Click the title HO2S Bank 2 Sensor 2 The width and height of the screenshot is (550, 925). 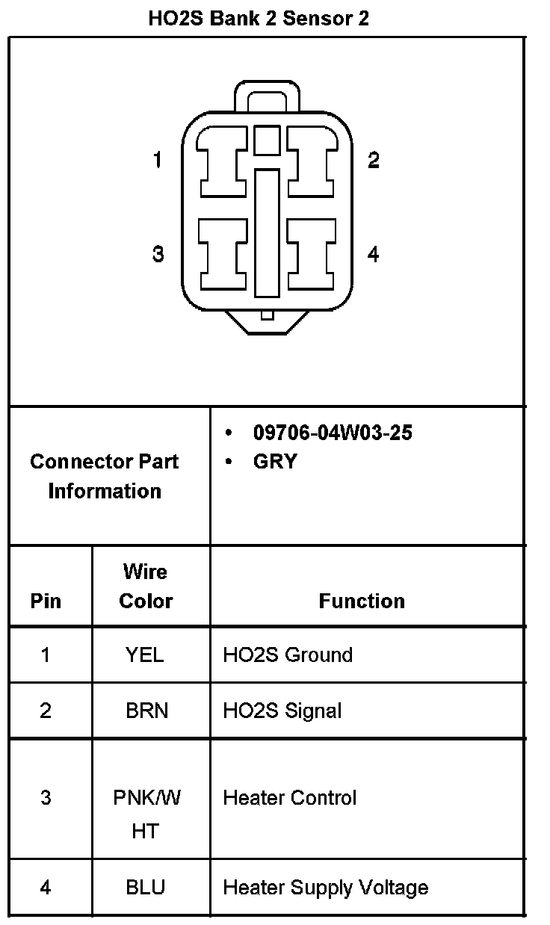(x=259, y=19)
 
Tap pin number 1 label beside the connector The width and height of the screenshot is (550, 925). (x=158, y=160)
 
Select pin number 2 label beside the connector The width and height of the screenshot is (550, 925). (x=374, y=160)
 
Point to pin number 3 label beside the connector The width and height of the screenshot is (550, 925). (x=158, y=254)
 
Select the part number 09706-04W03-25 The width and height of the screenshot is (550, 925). (x=333, y=433)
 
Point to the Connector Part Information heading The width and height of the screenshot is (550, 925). (x=105, y=476)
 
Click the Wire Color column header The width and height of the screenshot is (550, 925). (x=146, y=587)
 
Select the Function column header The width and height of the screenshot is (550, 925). (x=362, y=601)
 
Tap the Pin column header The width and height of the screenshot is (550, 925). (x=46, y=601)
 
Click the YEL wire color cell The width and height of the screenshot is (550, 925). (x=145, y=655)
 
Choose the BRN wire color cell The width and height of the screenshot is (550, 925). (x=146, y=711)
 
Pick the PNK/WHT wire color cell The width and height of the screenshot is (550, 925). (x=146, y=814)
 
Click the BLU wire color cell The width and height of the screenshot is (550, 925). (x=146, y=888)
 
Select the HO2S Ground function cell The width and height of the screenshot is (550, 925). (x=288, y=655)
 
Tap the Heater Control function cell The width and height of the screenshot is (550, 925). (x=290, y=798)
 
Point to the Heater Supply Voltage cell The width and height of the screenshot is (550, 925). (x=326, y=888)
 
